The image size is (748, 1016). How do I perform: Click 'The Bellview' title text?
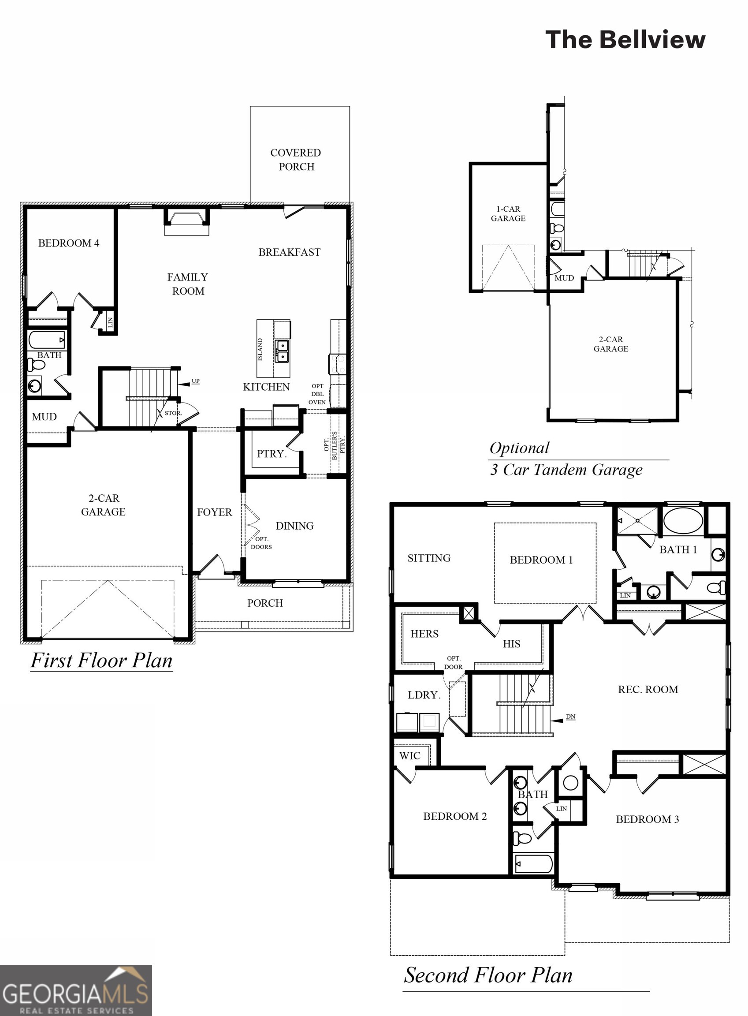[625, 39]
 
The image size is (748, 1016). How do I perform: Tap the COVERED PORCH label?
[296, 160]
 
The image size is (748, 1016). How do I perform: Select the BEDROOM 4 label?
[68, 243]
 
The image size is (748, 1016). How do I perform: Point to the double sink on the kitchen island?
[282, 351]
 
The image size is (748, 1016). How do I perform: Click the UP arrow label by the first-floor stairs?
[195, 381]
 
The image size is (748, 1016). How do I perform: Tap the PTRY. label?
[272, 453]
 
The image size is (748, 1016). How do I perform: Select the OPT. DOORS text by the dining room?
[261, 543]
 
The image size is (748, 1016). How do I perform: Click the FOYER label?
[214, 512]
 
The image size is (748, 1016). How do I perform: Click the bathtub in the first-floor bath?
[47, 340]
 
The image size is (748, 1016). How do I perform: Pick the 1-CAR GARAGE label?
[508, 213]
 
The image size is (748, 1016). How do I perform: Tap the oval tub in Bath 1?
[683, 520]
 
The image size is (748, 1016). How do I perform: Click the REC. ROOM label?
[648, 689]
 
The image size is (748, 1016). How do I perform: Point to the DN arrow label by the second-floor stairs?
[570, 717]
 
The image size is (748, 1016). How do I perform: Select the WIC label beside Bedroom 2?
[410, 755]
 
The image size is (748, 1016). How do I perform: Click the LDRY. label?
[424, 695]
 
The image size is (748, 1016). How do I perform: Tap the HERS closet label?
[424, 634]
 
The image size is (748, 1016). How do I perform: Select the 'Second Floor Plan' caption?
[488, 975]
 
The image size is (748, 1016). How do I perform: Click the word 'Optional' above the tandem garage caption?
[519, 448]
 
